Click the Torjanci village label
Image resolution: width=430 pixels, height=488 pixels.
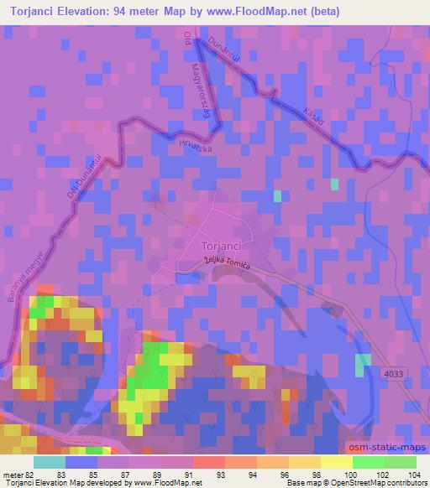(223, 246)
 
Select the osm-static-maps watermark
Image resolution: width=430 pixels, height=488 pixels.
(394, 448)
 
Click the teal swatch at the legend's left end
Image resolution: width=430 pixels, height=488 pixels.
(49, 462)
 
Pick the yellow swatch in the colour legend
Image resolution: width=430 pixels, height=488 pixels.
(336, 462)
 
